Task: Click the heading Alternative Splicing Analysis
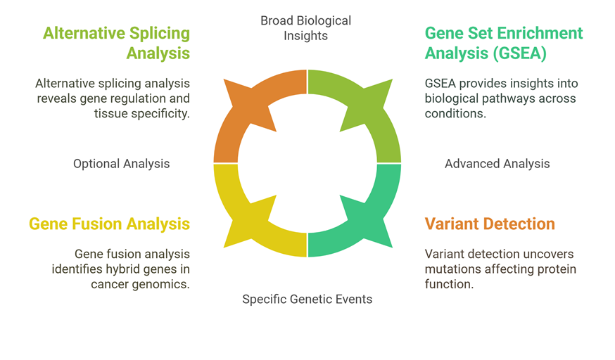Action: pos(117,43)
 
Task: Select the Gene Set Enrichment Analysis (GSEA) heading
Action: pos(504,43)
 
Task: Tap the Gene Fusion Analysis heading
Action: pos(110,224)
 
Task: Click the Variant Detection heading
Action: pos(490,224)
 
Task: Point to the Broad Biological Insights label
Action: pos(306,28)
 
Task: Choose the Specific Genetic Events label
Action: pos(307,300)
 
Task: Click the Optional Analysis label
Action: pos(122,164)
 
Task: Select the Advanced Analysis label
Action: pos(497,164)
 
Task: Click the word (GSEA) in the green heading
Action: pos(520,53)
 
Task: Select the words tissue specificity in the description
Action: pos(142,114)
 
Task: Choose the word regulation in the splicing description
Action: pos(135,98)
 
